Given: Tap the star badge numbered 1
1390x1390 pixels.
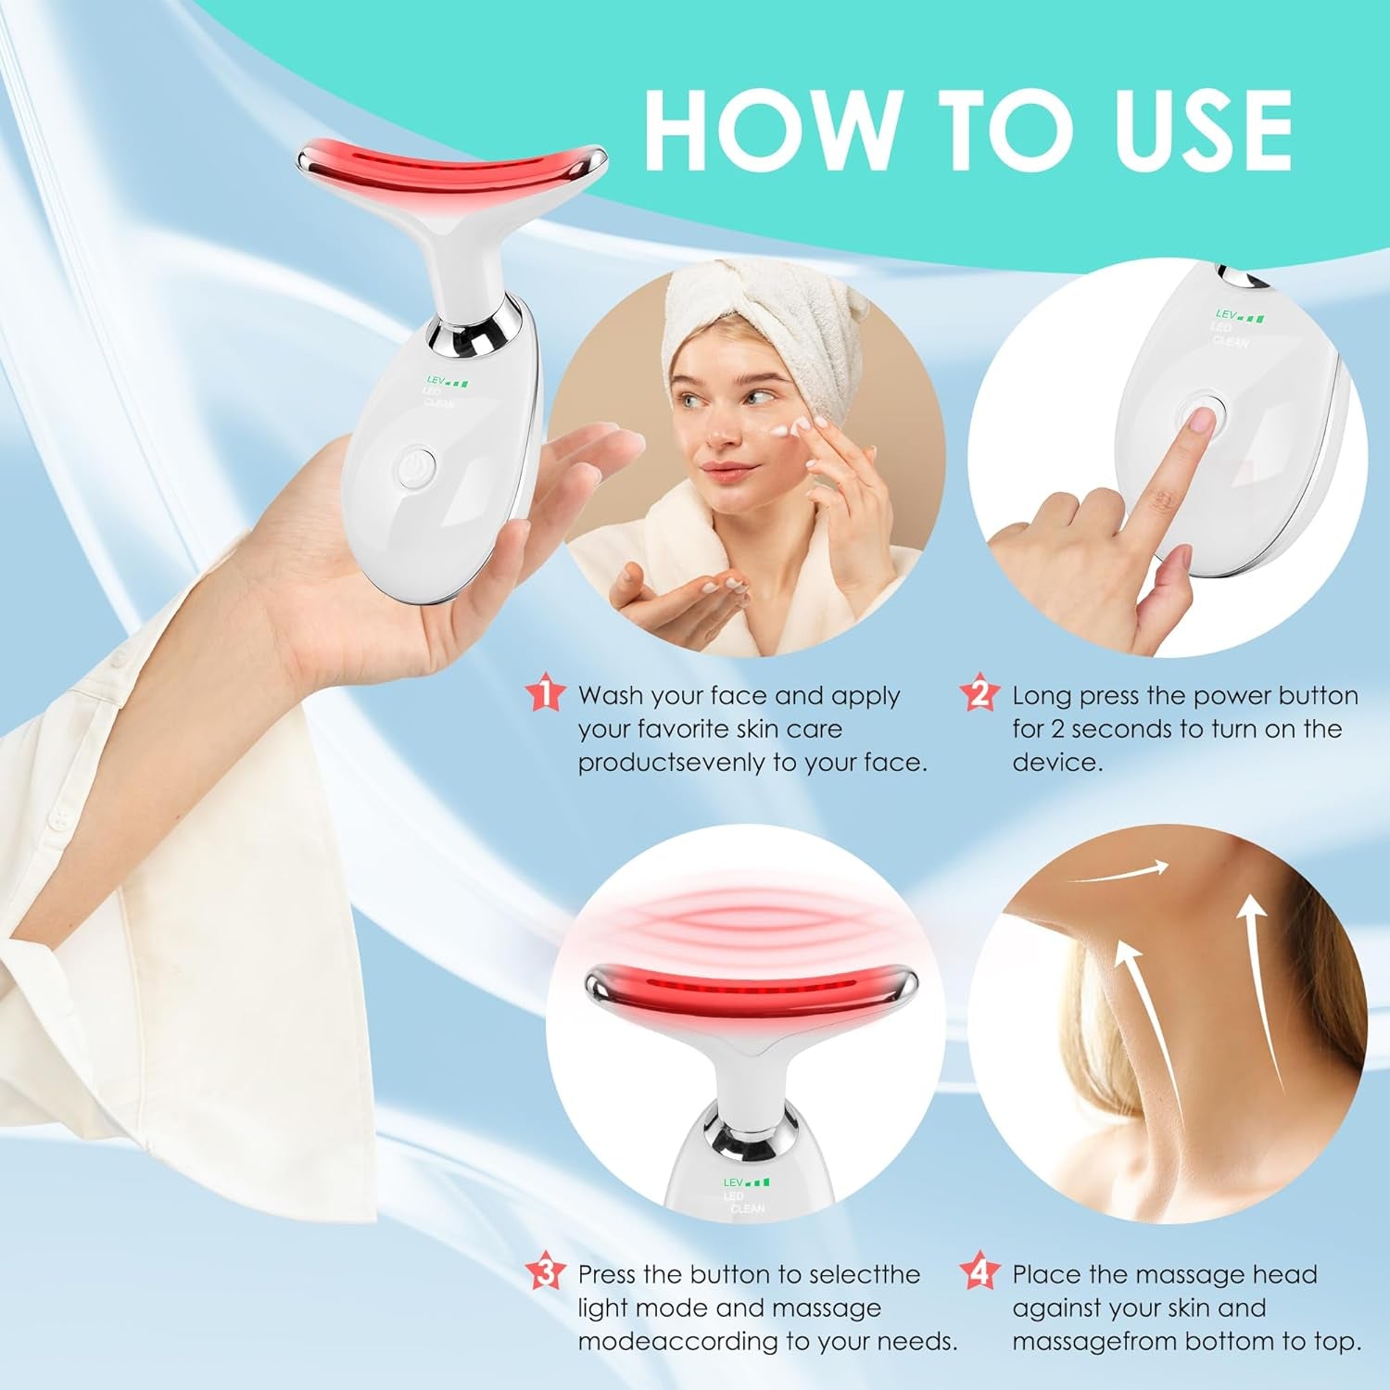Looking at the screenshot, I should tap(545, 694).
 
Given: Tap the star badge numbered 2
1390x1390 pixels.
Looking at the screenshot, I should tap(979, 694).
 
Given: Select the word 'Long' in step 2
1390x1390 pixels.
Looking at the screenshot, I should tap(1042, 696).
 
